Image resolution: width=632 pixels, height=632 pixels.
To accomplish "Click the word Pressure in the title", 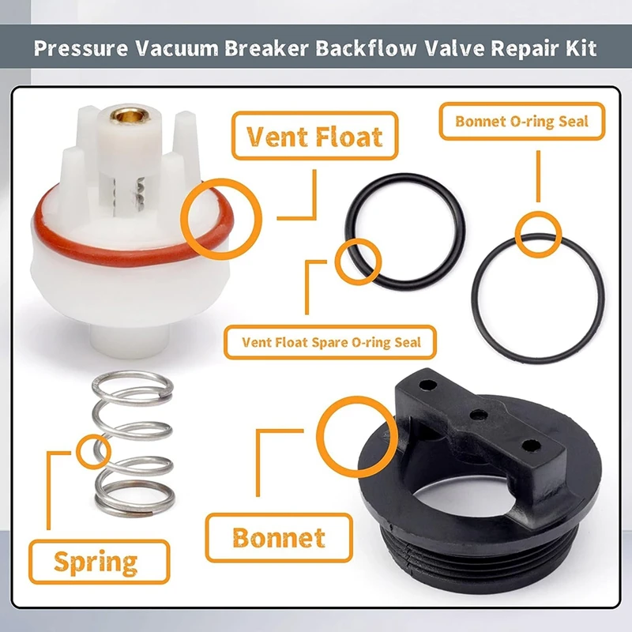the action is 81,48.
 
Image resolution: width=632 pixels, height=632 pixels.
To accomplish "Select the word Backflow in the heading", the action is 366,48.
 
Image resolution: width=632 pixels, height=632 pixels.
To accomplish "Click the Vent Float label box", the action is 314,136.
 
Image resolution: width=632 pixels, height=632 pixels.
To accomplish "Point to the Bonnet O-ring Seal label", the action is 522,122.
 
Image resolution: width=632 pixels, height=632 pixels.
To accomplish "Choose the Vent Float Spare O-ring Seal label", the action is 330,342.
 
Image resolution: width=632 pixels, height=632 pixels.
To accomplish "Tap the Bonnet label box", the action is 279,538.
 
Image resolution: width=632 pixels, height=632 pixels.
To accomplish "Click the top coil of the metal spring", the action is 133,385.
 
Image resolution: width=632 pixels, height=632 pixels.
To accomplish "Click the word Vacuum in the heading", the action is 176,48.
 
